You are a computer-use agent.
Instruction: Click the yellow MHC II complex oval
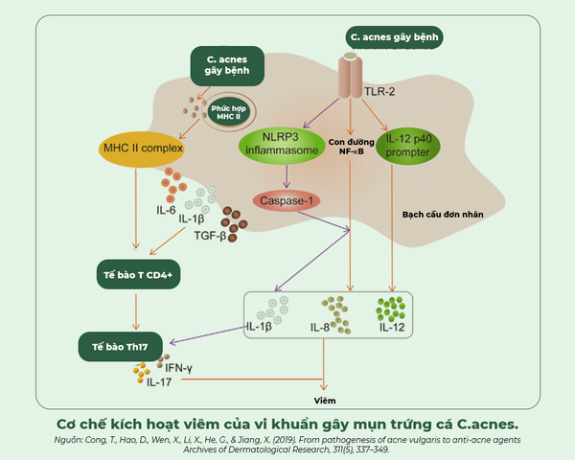142,151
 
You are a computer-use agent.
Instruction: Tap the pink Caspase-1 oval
285,201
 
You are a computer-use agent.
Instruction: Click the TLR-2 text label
379,92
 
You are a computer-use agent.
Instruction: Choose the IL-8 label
320,328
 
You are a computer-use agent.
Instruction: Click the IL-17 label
158,382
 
